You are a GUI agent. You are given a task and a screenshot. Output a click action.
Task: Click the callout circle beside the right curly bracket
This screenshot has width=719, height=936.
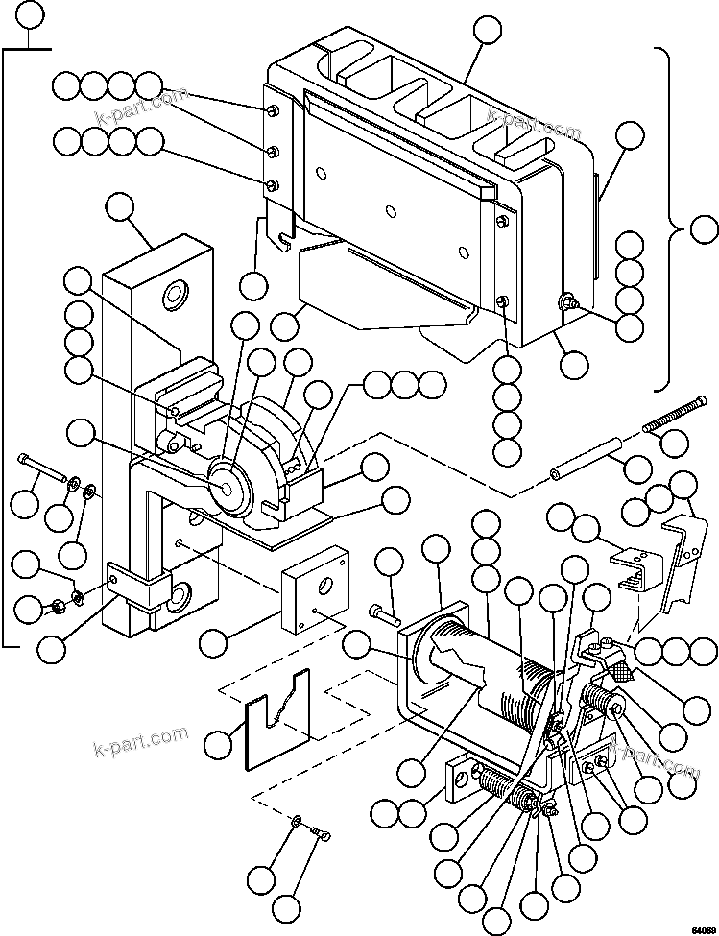[x=705, y=230]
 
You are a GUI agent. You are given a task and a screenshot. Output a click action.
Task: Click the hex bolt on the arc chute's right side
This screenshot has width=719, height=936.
[x=568, y=303]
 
